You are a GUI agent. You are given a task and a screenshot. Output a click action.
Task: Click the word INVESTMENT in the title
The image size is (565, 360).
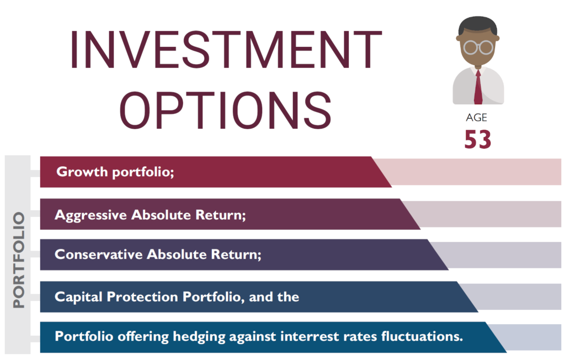[x=226, y=50]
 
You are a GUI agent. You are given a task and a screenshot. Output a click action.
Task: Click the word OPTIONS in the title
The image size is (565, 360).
[x=226, y=110]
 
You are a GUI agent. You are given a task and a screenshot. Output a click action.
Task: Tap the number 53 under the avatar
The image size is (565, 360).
[x=478, y=139]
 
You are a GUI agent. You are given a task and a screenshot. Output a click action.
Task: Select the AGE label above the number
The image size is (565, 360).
[x=476, y=118]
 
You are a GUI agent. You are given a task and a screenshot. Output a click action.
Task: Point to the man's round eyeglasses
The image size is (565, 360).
[x=478, y=47]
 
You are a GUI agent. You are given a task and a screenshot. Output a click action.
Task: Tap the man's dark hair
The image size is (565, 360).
[x=478, y=26]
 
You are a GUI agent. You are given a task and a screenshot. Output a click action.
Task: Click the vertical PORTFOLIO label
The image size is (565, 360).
[x=18, y=260]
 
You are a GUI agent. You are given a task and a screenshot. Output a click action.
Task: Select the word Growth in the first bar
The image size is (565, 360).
[x=82, y=172]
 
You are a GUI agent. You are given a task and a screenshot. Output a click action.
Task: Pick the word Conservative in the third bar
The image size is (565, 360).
[x=99, y=255]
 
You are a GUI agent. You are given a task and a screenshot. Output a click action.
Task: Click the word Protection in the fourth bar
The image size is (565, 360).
[x=142, y=297]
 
